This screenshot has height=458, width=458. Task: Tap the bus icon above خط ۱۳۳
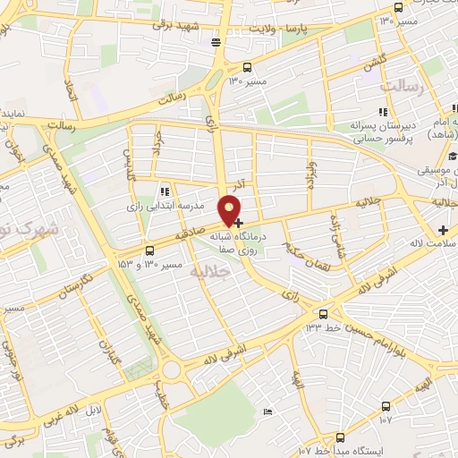tap(324, 314)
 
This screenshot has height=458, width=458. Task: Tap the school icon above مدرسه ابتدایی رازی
tap(164, 191)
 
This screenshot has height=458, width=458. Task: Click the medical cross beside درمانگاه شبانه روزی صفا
tap(238, 220)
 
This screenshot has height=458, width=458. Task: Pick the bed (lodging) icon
tap(267, 411)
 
